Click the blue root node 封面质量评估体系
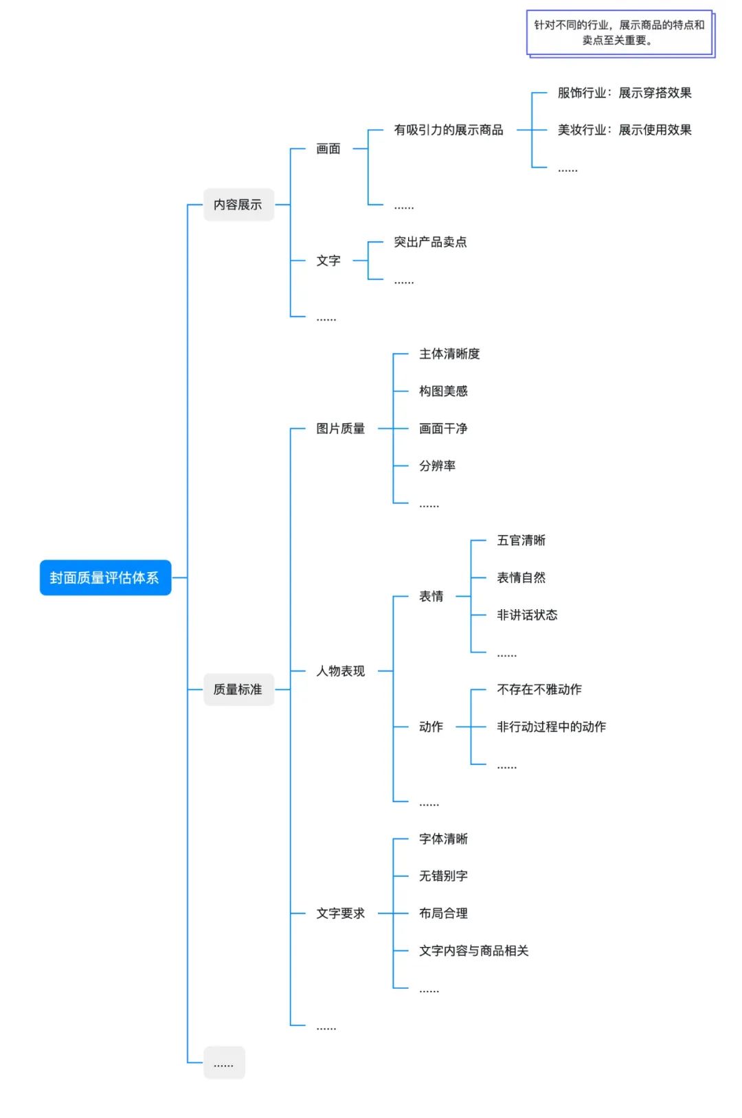105,578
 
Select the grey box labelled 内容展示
238,205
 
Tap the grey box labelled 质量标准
238,689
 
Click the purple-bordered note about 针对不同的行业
619,33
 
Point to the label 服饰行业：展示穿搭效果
624,93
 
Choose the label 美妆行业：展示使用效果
624,130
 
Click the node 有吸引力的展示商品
448,130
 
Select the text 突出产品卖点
430,242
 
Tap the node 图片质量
340,429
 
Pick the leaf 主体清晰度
449,354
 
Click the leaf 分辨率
437,466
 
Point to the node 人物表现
340,671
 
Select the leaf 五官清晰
521,540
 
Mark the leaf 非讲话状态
527,615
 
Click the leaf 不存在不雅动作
539,689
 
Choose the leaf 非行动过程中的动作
551,727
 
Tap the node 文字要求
340,913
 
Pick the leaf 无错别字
443,876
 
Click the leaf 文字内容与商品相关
473,950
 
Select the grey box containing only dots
224,1062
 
